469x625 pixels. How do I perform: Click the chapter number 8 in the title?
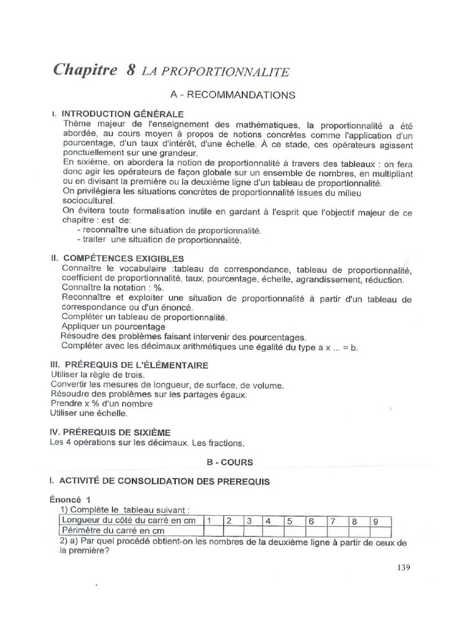pos(131,70)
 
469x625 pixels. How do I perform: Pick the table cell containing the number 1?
pos(209,521)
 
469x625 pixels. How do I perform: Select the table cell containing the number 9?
pos(377,521)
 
